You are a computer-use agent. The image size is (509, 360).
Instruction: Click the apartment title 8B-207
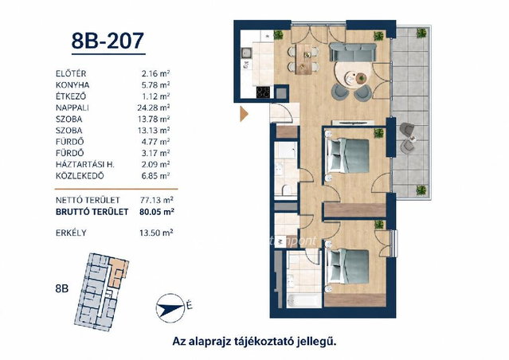click(x=108, y=41)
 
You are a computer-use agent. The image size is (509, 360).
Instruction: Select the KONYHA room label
click(x=72, y=85)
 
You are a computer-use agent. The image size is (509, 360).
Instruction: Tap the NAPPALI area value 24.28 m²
click(x=154, y=108)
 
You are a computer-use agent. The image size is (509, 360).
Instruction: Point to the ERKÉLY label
click(x=71, y=233)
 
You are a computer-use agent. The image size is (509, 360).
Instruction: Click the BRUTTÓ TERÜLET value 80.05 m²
click(x=157, y=212)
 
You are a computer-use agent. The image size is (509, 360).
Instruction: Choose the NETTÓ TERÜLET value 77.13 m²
click(x=157, y=200)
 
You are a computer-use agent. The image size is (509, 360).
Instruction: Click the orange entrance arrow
click(x=244, y=114)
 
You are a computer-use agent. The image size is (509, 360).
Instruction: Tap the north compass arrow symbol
click(x=170, y=307)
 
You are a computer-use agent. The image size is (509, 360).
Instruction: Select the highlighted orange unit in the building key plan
click(x=119, y=271)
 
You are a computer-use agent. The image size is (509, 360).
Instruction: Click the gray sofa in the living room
click(x=353, y=52)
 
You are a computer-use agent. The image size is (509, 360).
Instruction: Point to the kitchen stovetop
click(x=263, y=92)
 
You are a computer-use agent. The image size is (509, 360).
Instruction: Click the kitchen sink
click(x=245, y=52)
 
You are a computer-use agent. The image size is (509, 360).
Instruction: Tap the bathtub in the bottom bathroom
click(x=303, y=300)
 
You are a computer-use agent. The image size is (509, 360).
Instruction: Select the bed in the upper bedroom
click(x=348, y=156)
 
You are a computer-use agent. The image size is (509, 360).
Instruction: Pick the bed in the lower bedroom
click(x=348, y=267)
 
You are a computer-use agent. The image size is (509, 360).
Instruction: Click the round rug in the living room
click(x=351, y=76)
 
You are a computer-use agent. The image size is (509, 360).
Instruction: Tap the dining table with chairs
click(x=304, y=60)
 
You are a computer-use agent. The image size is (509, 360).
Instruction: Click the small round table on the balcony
click(x=413, y=139)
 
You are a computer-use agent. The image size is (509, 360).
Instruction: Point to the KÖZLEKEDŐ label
click(x=80, y=176)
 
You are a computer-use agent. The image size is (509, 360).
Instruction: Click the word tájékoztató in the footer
click(x=264, y=342)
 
